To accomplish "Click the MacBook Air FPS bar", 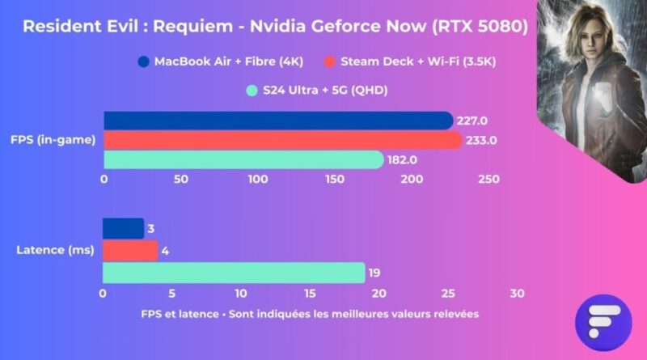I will click(277, 121).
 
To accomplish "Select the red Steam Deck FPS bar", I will click(282, 140).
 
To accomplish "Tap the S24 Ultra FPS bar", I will click(243, 159).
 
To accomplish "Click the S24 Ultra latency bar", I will click(234, 273).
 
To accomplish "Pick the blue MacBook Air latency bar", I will click(123, 228).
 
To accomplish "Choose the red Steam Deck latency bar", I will click(129, 251).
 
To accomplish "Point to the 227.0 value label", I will click(472, 121).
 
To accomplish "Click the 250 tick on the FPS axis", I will click(488, 179).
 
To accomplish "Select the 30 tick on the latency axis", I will click(518, 293).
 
